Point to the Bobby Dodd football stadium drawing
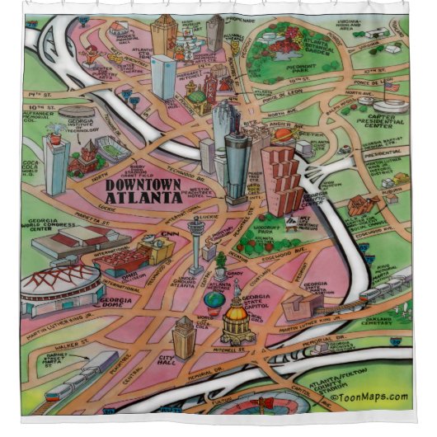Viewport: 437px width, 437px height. [111, 149]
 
